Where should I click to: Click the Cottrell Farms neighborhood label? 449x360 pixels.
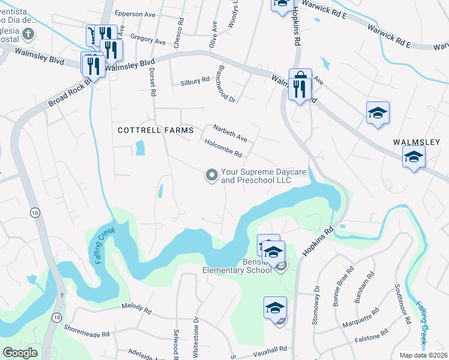click(155, 130)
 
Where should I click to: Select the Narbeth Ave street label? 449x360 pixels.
click(231, 130)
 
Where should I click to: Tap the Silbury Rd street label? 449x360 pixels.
click(194, 80)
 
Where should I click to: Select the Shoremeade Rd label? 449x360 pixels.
click(88, 334)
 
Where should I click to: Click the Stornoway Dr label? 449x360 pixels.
click(316, 307)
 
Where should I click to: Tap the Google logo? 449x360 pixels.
click(20, 353)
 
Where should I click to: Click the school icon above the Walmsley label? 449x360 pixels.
click(378, 113)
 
